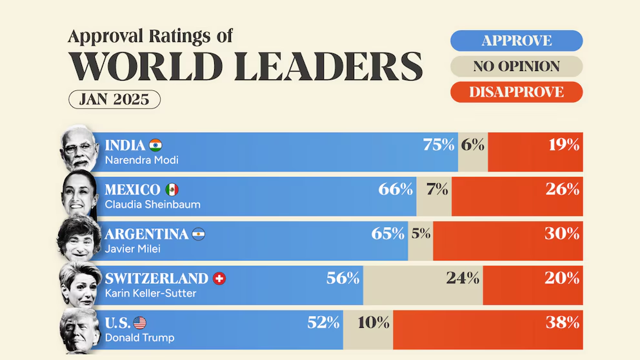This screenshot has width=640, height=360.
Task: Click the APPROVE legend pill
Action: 516,41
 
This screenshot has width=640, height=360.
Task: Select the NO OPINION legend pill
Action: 516,66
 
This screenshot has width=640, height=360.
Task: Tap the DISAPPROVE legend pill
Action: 516,92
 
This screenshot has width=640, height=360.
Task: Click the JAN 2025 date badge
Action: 114,99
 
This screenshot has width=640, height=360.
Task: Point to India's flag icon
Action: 155,145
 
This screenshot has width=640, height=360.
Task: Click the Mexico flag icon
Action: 172,190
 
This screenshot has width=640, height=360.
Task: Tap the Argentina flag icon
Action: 198,234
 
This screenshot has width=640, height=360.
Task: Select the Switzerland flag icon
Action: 219,279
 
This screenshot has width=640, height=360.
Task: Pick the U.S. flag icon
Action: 140,323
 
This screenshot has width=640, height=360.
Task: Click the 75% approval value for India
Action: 439,145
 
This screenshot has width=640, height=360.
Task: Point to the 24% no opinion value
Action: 463,278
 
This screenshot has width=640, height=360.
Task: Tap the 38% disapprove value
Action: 563,323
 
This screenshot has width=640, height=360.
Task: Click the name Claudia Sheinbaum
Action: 152,205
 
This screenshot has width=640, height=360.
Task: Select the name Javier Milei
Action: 132,249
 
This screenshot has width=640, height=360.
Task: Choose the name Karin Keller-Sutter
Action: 150,294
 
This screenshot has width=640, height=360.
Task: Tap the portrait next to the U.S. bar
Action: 80,330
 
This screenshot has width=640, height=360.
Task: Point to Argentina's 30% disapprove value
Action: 562,234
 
